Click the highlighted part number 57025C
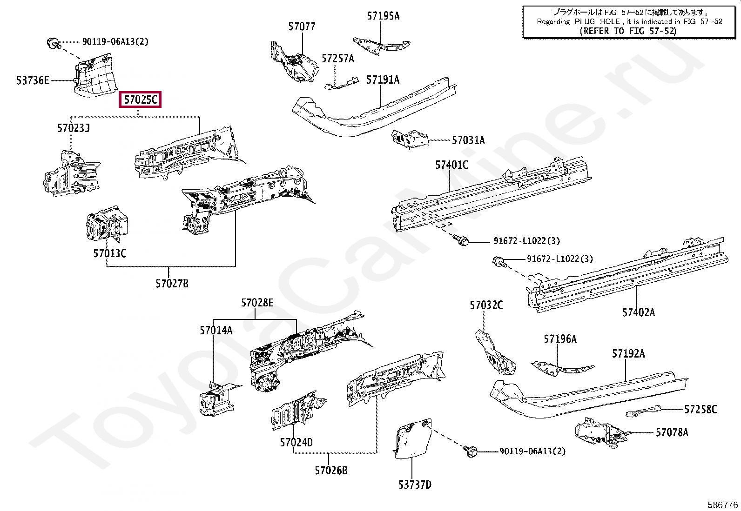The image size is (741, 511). (x=140, y=100)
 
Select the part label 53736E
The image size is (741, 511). (x=33, y=80)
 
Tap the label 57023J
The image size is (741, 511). (x=74, y=128)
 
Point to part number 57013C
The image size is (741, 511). (x=110, y=253)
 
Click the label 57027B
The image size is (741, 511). (x=172, y=283)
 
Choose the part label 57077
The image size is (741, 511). (x=302, y=27)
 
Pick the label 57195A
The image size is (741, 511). (x=383, y=16)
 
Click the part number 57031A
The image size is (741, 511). (x=468, y=140)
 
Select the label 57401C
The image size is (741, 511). (x=451, y=165)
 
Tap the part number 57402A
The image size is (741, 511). (x=639, y=312)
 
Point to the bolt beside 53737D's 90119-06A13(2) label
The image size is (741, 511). (x=471, y=450)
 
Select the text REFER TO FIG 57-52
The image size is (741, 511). (x=627, y=31)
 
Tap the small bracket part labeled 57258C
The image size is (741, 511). (x=644, y=411)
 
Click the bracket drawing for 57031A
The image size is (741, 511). (x=410, y=139)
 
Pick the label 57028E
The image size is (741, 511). (x=257, y=303)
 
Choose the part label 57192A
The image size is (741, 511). (x=628, y=354)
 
